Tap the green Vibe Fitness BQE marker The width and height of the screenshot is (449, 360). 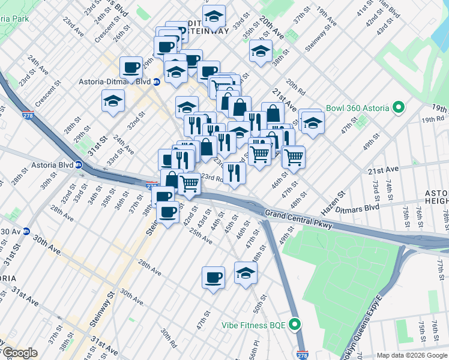coord(295,325)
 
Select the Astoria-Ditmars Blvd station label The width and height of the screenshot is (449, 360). coord(115,82)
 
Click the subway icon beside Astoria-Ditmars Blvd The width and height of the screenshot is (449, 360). coord(157,82)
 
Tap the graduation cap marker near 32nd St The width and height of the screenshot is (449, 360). coord(113,102)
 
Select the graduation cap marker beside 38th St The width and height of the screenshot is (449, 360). coord(261,52)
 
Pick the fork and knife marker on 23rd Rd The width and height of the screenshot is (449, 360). coord(234,173)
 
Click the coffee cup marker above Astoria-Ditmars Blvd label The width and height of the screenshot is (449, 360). coord(131,67)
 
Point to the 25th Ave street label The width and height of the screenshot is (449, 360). coord(200,238)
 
